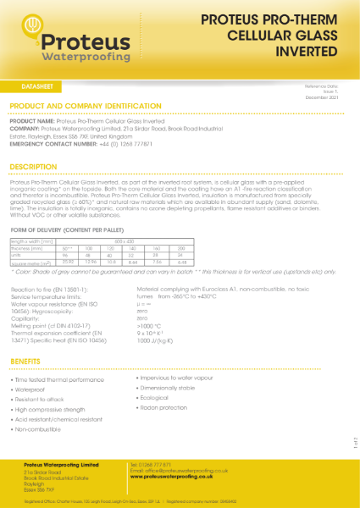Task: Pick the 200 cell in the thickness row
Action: click(206, 248)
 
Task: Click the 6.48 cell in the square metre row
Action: click(206, 262)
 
